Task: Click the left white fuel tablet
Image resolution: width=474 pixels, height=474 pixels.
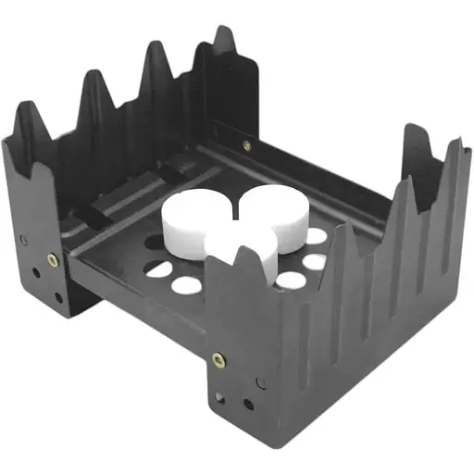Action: (193, 221)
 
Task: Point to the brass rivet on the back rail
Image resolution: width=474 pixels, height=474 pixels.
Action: (246, 145)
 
